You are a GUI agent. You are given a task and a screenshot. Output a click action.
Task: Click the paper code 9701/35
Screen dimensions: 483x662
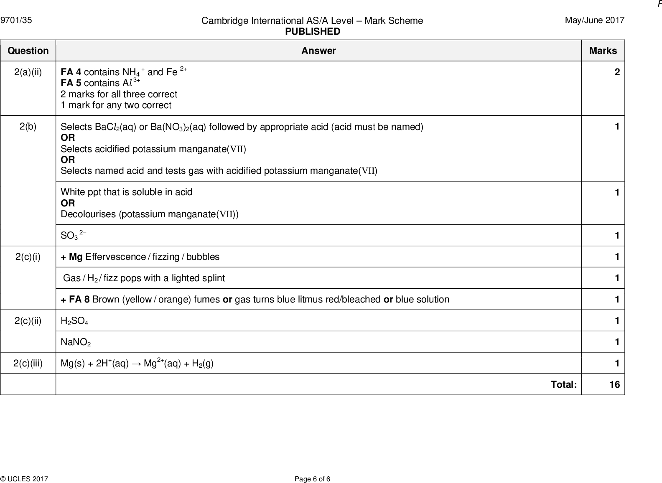[x=16, y=20]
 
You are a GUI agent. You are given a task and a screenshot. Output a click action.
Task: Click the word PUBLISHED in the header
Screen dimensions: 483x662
[x=313, y=32]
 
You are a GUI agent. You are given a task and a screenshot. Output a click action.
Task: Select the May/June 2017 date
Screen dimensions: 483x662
[x=594, y=20]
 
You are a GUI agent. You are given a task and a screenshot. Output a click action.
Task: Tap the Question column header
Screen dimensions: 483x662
[x=28, y=51]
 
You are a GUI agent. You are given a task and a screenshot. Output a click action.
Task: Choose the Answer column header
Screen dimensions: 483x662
[x=318, y=51]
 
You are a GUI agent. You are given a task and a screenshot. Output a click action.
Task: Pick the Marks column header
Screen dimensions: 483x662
[x=603, y=51]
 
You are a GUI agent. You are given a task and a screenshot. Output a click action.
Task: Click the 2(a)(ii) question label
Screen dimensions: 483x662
[x=28, y=72]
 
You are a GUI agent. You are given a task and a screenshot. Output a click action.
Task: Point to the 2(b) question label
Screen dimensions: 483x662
[x=28, y=127]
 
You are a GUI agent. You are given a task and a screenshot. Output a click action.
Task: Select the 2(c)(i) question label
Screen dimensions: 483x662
[x=28, y=257]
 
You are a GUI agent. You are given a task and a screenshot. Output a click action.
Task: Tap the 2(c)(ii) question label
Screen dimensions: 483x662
[x=28, y=320]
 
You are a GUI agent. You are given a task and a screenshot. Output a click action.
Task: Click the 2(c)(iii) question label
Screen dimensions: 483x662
[x=28, y=363]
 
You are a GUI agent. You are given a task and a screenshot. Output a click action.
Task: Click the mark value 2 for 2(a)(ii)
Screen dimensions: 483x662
[x=617, y=72]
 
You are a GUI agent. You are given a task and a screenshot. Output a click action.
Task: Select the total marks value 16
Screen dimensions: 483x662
[x=614, y=384]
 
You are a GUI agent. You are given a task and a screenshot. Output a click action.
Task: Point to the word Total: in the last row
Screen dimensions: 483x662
[x=564, y=384]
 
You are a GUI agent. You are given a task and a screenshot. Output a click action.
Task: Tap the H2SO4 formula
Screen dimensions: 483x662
[x=74, y=321]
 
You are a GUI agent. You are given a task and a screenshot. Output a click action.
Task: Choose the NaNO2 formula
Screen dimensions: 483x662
[x=76, y=342]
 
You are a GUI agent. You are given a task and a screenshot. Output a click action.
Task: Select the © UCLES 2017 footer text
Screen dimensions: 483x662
[x=24, y=479]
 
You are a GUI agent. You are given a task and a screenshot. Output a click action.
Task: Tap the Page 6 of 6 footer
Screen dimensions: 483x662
[x=312, y=479]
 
